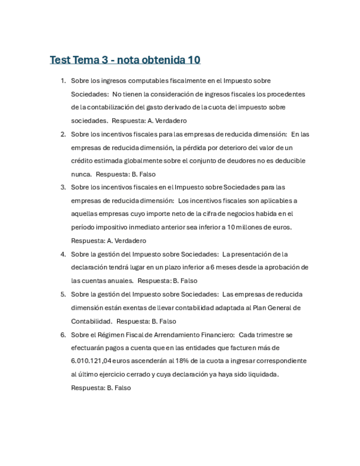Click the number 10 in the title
point(193,59)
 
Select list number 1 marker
point(63,81)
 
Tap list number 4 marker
point(63,254)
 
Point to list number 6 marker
point(63,335)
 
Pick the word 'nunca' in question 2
point(80,174)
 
